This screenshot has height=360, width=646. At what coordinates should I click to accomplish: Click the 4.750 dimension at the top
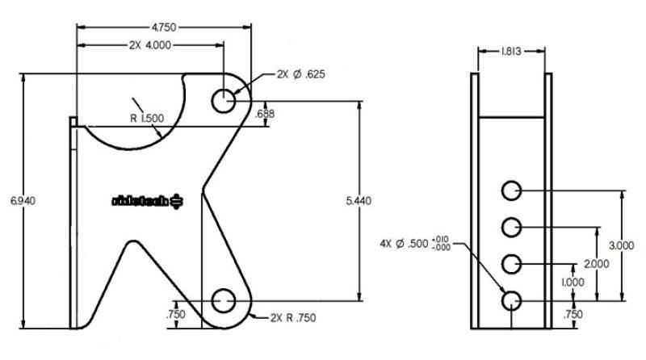tap(164, 27)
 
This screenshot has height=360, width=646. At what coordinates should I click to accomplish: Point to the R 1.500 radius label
tap(147, 118)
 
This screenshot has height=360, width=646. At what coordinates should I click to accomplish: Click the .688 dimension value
tap(264, 114)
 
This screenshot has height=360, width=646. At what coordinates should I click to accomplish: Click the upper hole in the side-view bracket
tap(224, 101)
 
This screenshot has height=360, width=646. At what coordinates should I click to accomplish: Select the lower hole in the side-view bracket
tap(224, 302)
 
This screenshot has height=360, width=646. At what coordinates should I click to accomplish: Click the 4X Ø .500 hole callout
tap(415, 242)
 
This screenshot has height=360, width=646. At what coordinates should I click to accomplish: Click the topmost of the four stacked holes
tap(511, 191)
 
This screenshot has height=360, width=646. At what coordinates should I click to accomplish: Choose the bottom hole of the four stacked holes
tap(511, 301)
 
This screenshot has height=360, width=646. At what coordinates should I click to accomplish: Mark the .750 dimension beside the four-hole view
tap(573, 316)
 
